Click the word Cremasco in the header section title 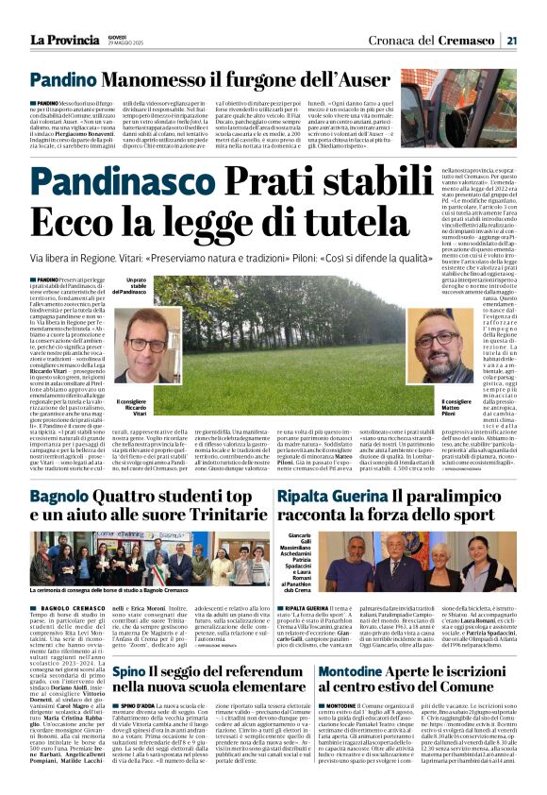pos(472,40)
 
